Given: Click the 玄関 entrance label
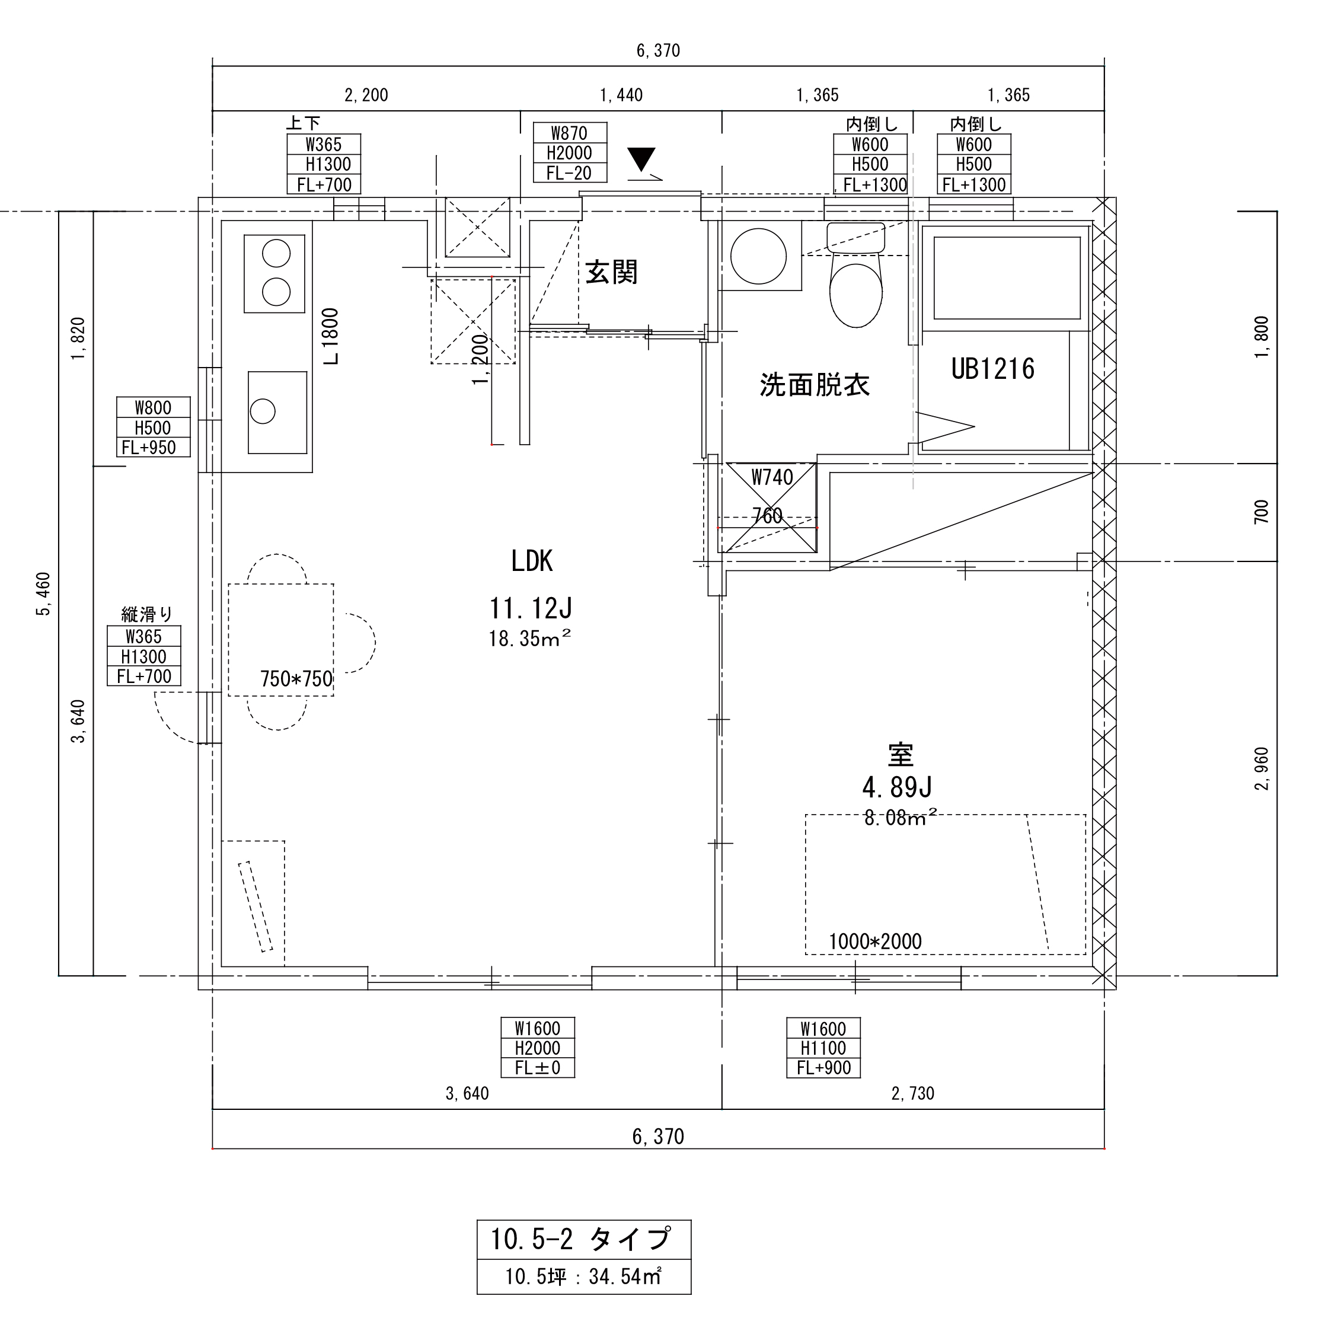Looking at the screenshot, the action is point(611,272).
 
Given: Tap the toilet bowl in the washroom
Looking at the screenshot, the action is point(855,288).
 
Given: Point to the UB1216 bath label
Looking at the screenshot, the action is point(992,369).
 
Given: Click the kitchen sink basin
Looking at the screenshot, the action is point(277,412).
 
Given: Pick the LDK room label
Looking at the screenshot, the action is point(532,561).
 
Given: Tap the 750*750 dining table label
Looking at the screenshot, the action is point(296,679).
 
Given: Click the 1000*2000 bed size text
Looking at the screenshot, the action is point(875,942).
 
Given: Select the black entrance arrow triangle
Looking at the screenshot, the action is point(641,159).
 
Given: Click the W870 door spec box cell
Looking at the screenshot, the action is point(570,132).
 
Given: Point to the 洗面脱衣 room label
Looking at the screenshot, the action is point(815,385).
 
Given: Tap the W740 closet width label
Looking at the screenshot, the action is point(772,477).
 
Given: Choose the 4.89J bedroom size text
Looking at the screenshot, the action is point(897,788).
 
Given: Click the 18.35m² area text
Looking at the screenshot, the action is point(529,639).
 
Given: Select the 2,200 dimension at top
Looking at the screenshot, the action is point(366,95).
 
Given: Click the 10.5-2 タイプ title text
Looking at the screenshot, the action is point(580,1239).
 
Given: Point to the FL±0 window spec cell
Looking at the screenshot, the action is point(538,1068).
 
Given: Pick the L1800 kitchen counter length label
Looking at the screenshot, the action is point(331,336).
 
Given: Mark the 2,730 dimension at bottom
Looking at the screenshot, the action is point(913,1094).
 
